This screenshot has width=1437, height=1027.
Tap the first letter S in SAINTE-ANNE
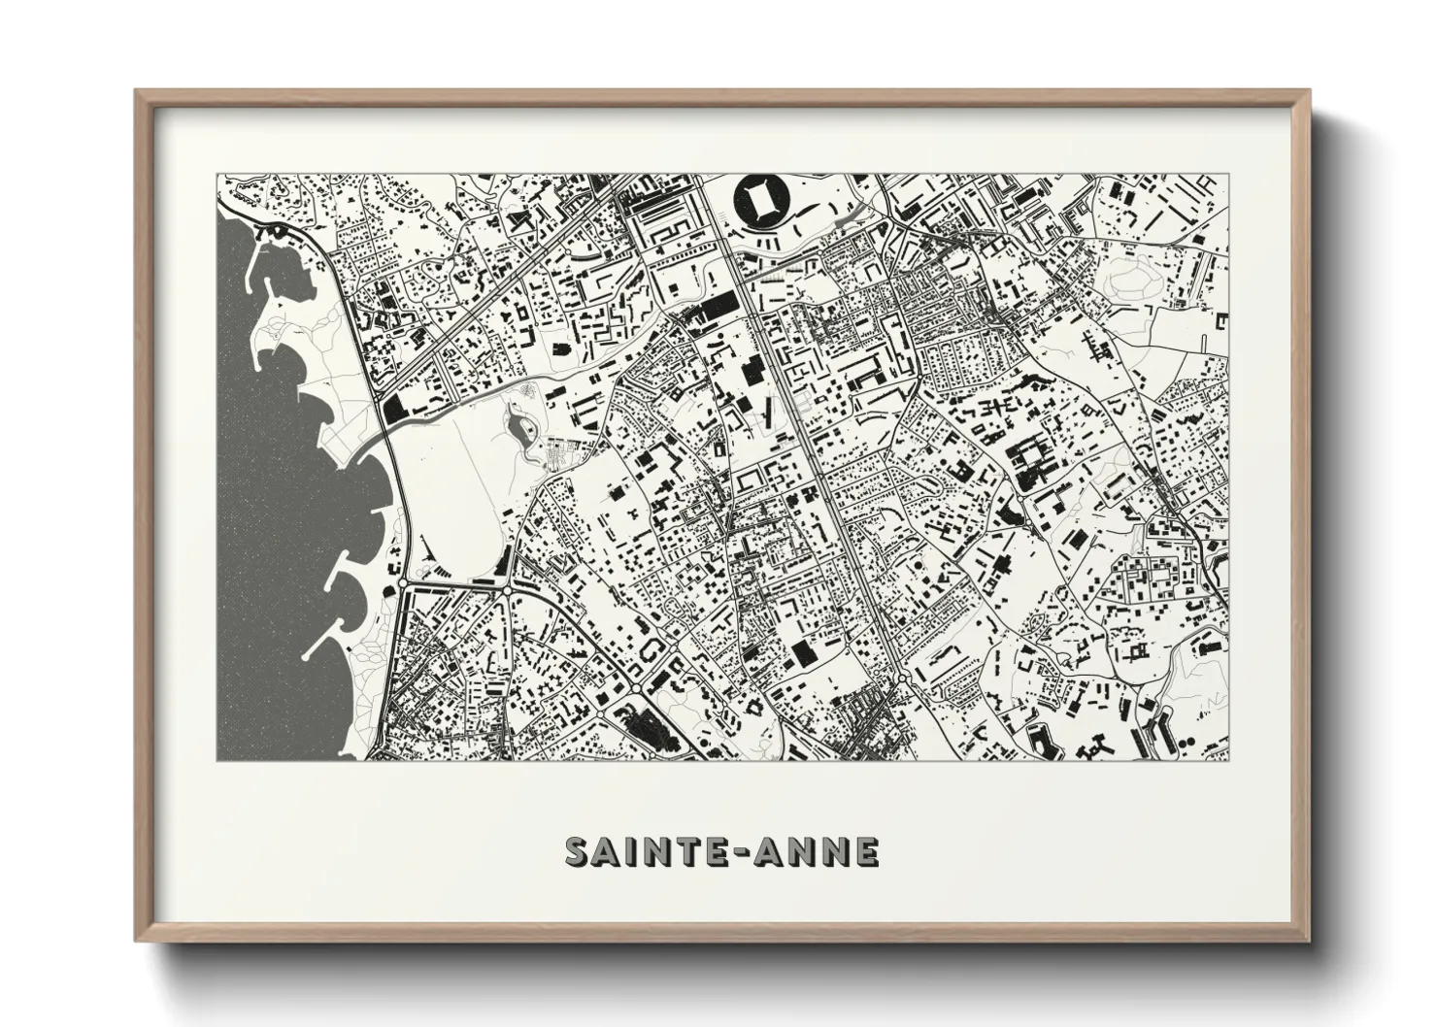pos(580,852)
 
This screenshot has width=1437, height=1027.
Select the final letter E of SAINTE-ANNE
pos(866,852)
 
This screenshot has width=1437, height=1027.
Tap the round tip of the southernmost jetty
pos(307,658)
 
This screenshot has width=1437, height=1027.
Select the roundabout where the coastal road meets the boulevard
pos(402,584)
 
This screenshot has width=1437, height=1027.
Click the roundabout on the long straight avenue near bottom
pos(903,677)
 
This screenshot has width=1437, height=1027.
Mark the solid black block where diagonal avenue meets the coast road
pos(396,409)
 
